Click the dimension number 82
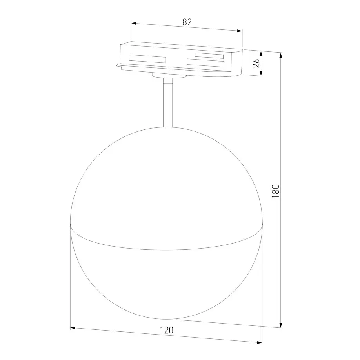pos(187,22)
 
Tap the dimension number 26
pos(256,63)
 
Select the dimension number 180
pos(276,191)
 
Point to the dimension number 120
pos(166,330)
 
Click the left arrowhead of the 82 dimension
pos(134,24)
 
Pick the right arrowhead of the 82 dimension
pos(240,31)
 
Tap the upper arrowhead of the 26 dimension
pos(261,53)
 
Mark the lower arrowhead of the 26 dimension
pos(261,73)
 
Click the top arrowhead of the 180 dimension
pos(280,56)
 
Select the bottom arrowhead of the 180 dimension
pos(280,325)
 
